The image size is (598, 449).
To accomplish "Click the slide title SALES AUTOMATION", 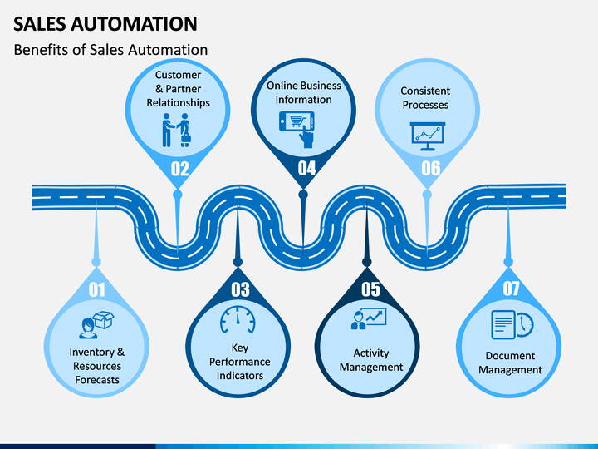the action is pos(105,23).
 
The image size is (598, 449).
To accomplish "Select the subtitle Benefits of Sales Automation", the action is pos(110,50).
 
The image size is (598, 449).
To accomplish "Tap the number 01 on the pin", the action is pos(96,289).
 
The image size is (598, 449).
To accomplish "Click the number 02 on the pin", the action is pos(179,169).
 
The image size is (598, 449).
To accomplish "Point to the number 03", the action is pos(240,289).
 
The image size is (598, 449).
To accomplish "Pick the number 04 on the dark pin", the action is pos(306,168).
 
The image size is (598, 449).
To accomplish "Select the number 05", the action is pos(370,289).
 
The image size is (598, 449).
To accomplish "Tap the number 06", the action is pos(431,168).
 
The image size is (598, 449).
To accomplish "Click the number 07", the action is pos(511,289).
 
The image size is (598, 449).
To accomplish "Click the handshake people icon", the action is pos(176,131).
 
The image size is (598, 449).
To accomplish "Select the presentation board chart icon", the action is pos(428,136).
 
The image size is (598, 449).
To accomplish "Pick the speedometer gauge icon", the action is pos(238,319).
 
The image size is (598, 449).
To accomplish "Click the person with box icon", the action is pos(96,325).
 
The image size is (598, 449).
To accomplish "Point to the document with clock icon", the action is pos(512,325).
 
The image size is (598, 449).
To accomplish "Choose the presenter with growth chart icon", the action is pos(369,318).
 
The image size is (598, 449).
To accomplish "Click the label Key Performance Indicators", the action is pos(240,362).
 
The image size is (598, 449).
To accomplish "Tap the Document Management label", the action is pos(510,363).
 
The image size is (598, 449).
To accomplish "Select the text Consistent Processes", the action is pos(425,98).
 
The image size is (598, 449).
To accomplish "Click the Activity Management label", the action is pos(371,360).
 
